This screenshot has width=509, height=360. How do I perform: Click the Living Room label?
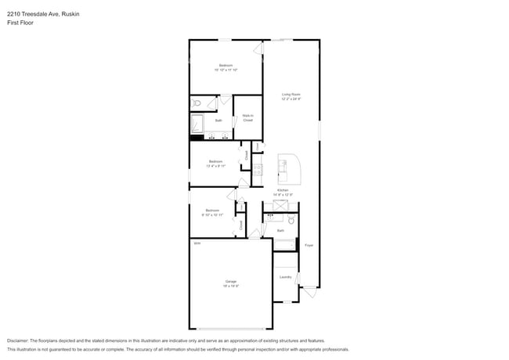(291, 95)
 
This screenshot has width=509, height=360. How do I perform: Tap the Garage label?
(231, 281)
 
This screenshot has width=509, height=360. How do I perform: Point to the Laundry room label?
(286, 277)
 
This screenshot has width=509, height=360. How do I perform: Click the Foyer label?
(309, 245)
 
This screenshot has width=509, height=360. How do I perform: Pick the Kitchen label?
(282, 190)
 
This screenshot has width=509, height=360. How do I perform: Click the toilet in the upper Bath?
(198, 103)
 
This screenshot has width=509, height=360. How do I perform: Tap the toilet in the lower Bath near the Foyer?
(291, 221)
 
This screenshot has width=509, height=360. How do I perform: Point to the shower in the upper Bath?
(197, 123)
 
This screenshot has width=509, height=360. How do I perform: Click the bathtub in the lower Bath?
(284, 246)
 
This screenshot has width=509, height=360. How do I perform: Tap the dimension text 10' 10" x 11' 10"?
(226, 70)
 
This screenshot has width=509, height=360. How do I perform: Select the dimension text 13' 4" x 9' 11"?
(215, 166)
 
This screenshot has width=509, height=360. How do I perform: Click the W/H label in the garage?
(197, 244)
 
